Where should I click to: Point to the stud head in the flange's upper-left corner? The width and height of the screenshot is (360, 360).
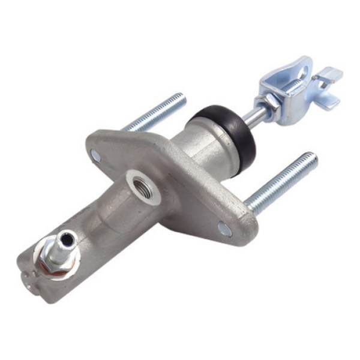click(x=96, y=155)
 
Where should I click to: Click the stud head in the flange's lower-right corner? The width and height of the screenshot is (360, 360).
click(x=224, y=229)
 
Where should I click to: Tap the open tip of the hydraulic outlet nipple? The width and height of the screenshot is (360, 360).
click(x=70, y=239)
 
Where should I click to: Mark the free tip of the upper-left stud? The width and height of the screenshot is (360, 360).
click(x=180, y=98)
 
